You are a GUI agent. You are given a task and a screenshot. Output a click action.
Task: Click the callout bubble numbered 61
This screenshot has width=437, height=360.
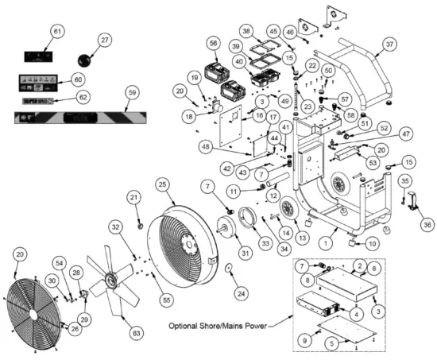[56, 30]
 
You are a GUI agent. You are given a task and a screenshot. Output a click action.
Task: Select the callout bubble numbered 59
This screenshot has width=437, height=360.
[133, 93]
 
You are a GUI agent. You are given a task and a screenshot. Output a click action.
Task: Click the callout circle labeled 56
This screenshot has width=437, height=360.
[212, 43]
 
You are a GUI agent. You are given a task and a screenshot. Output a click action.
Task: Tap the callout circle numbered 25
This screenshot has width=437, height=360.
[163, 184]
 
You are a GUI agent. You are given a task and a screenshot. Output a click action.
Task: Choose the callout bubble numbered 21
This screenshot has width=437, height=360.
[134, 198]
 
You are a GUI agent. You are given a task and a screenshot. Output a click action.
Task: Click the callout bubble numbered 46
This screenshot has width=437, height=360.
[291, 32]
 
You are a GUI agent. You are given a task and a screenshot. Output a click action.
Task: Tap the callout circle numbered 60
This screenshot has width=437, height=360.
[78, 79]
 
